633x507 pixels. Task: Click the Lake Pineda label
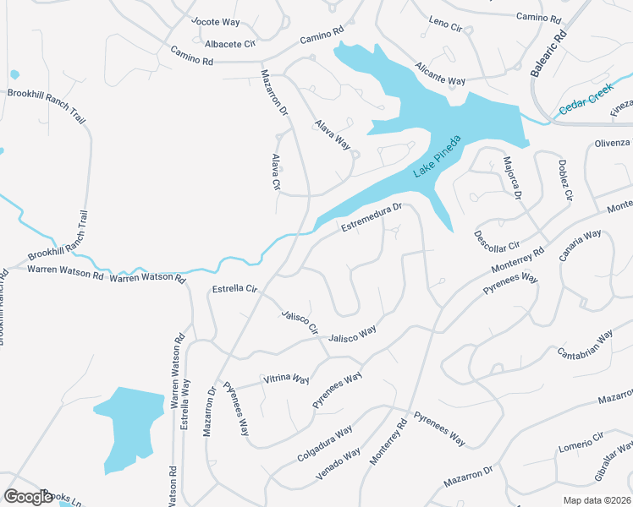coord(437,156)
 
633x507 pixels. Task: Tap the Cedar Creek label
coord(586,105)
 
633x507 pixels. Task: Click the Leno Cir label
coord(445,23)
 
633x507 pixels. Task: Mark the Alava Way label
coord(333,134)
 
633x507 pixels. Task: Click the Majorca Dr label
coord(510,177)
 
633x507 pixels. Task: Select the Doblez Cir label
coord(564,179)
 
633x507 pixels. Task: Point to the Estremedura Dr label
coord(370,216)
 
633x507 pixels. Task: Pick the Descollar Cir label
coord(497,241)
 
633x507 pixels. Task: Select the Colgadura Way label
coord(324,444)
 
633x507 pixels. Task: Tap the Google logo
coord(28,497)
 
